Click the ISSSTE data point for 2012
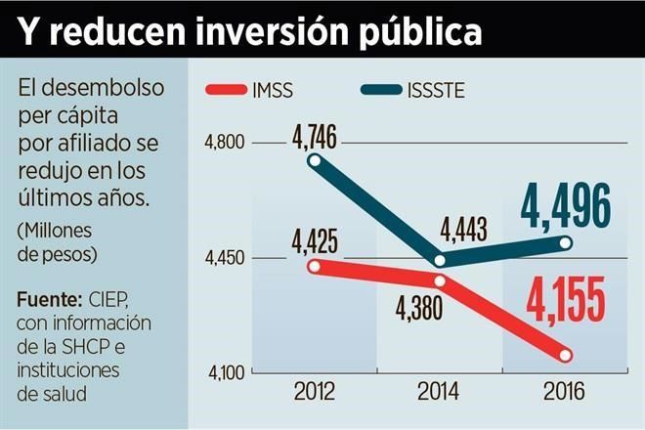(x=315, y=161)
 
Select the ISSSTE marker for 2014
(x=439, y=261)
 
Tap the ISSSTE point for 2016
(x=566, y=241)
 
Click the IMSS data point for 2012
(x=315, y=266)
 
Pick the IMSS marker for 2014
(x=439, y=281)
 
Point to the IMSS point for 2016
(x=566, y=354)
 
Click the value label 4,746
(x=314, y=137)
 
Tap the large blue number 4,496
(x=565, y=205)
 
